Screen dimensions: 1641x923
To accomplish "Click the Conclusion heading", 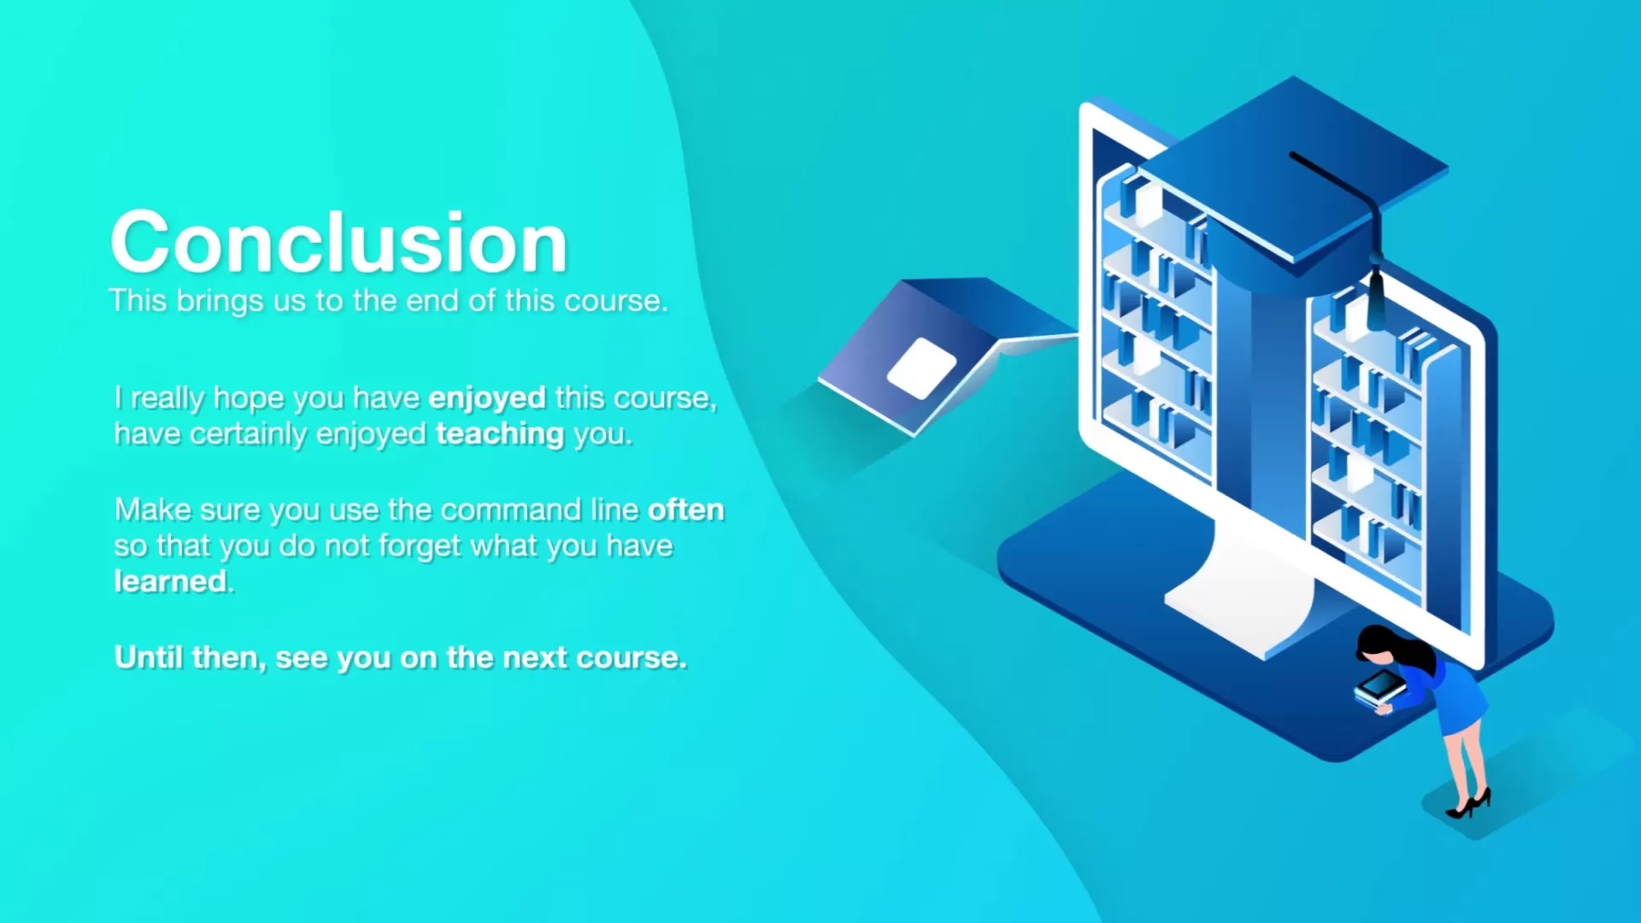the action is pos(339,243).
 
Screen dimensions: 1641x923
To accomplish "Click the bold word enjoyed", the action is pos(487,399).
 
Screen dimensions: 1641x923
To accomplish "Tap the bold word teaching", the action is pos(500,435).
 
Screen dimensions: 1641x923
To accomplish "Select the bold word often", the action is pos(686,509).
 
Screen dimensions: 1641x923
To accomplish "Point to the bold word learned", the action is pos(171,581).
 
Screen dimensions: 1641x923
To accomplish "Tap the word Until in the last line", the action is pos(149,657).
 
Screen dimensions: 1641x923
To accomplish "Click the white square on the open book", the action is pos(922,368).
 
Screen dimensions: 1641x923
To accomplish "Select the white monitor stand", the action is pos(1239,590).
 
